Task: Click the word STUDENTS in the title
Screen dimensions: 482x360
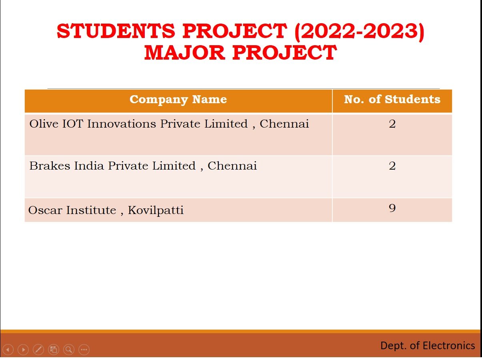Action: [x=116, y=31]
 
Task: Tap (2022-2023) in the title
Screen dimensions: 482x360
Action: [x=359, y=32]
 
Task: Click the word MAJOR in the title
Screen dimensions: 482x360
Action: [x=185, y=53]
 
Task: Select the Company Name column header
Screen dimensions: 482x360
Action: [x=178, y=100]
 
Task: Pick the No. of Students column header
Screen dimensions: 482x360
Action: [x=392, y=99]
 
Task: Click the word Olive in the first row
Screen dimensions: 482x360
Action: [x=44, y=124]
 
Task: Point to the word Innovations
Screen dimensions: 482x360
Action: [x=122, y=124]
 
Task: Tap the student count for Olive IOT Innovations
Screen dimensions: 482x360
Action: [x=392, y=124]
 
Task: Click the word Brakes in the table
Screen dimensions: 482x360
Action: [x=50, y=166]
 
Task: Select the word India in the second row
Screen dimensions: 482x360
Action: [x=89, y=166]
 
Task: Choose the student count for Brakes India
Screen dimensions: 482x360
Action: [x=392, y=166]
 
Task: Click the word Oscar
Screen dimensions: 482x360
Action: [x=45, y=210]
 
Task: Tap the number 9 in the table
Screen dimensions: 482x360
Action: [x=392, y=208]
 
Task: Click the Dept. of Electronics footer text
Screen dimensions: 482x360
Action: [x=428, y=346]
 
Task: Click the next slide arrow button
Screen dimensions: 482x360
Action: [x=23, y=350]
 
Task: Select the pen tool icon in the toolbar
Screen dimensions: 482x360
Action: [x=38, y=350]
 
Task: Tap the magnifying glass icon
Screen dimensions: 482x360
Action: [x=69, y=350]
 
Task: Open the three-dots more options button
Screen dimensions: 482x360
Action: [x=84, y=350]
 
